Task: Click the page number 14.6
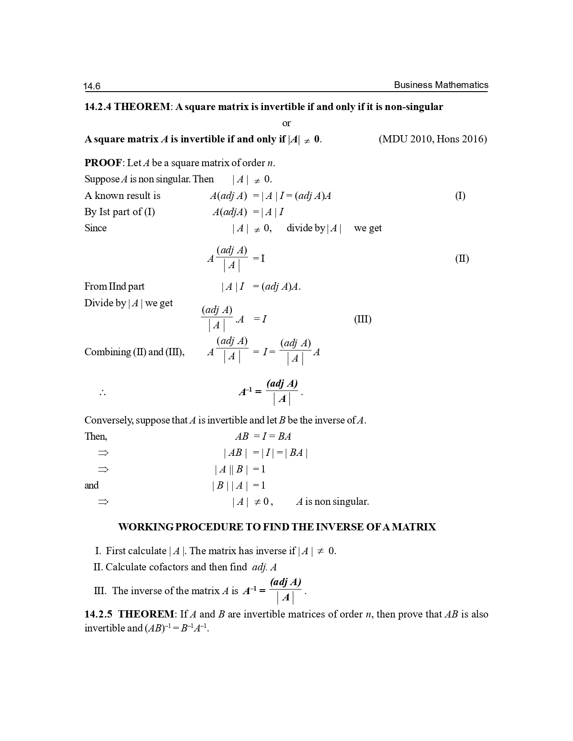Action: point(92,86)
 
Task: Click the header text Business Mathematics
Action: point(441,85)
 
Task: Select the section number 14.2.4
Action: point(98,107)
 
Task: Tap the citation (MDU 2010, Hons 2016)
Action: point(432,139)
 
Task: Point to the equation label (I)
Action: point(460,196)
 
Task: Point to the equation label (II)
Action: point(462,259)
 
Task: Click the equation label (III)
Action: point(362,319)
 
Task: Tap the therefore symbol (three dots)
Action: point(102,393)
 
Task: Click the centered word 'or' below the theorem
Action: point(286,123)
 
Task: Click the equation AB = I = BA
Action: point(263,437)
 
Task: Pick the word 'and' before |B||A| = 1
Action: point(91,485)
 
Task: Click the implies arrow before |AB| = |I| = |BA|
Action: point(103,453)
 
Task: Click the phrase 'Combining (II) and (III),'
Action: point(134,352)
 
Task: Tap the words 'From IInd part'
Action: point(114,287)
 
